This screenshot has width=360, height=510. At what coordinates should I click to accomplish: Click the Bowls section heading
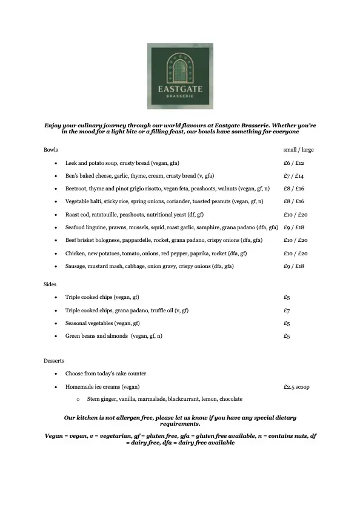(x=51, y=150)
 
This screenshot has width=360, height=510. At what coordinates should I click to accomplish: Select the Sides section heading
(x=50, y=284)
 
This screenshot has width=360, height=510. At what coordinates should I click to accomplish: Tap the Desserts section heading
(x=54, y=361)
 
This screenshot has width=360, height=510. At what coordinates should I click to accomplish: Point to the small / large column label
(x=298, y=150)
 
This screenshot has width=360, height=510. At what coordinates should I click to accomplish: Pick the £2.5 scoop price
(x=296, y=386)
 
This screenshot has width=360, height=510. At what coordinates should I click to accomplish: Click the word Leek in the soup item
(x=71, y=163)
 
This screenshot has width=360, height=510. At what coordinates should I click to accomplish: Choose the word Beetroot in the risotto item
(x=76, y=189)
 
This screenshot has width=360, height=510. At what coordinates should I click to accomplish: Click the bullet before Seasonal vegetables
(x=56, y=323)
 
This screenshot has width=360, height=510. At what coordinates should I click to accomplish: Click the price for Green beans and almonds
(x=287, y=336)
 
